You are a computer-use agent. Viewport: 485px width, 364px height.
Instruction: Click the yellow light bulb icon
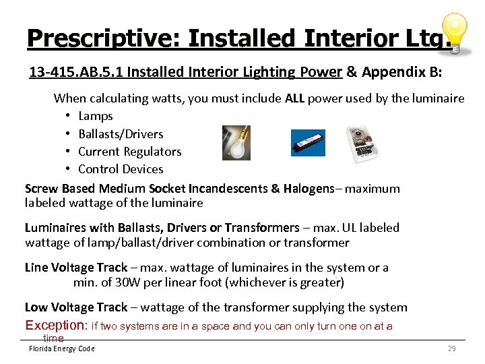pyautogui.click(x=455, y=32)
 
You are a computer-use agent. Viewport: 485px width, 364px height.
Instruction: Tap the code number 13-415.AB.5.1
pyautogui.click(x=83, y=72)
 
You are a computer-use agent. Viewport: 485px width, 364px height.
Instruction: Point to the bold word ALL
pyautogui.click(x=295, y=98)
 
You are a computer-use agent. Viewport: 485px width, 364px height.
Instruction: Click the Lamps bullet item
pyautogui.click(x=96, y=116)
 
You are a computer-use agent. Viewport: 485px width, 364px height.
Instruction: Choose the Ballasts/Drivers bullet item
pyautogui.click(x=121, y=133)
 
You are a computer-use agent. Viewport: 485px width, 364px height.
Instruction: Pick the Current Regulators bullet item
pyautogui.click(x=130, y=152)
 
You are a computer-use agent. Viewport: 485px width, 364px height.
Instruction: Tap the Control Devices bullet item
pyautogui.click(x=121, y=169)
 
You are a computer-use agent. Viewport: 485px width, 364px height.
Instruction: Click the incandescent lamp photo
pyautogui.click(x=236, y=143)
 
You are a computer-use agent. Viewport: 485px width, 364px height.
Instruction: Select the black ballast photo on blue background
pyautogui.click(x=308, y=143)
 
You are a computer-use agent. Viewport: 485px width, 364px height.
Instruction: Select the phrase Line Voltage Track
pyautogui.click(x=76, y=268)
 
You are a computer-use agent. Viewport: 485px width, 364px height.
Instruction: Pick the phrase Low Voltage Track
pyautogui.click(x=76, y=307)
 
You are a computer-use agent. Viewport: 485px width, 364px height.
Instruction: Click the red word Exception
pyautogui.click(x=55, y=326)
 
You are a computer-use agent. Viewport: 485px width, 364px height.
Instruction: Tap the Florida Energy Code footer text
pyautogui.click(x=61, y=348)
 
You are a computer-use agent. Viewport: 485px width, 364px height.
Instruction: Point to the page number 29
pyautogui.click(x=451, y=348)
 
